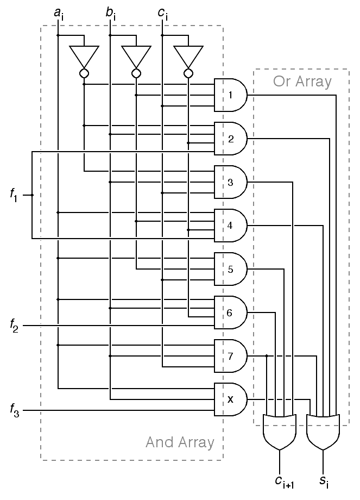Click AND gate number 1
click(x=231, y=95)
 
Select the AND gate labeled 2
click(x=231, y=139)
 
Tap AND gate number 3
click(x=231, y=182)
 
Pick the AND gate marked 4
click(x=231, y=225)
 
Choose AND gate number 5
click(x=231, y=268)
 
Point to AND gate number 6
click(x=231, y=312)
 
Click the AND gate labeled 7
click(x=231, y=355)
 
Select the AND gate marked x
click(x=231, y=399)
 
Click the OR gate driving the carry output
click(x=280, y=432)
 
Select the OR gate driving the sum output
click(x=323, y=432)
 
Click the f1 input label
click(x=14, y=195)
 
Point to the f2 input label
click(x=14, y=326)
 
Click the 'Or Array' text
click(x=302, y=82)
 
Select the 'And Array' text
click(x=180, y=442)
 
